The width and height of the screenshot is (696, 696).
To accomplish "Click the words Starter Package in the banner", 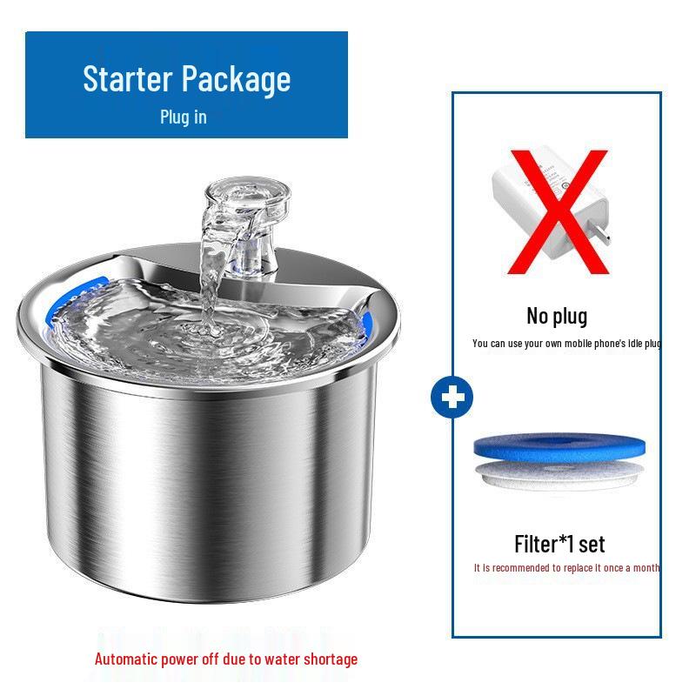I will (186, 79).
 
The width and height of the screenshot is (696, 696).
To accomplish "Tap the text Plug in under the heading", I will (183, 117).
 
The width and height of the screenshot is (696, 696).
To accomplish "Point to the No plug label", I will (557, 316).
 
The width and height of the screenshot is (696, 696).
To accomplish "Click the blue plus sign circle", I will (452, 398).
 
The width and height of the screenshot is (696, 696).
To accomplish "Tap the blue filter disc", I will (559, 449).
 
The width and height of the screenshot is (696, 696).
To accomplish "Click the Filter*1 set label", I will (559, 544).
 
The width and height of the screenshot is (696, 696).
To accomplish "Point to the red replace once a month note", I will (566, 568).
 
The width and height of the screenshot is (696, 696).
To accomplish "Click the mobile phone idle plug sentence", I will (566, 344).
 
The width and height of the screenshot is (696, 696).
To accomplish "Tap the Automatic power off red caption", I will (226, 659).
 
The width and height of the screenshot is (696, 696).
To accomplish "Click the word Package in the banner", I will (238, 79).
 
